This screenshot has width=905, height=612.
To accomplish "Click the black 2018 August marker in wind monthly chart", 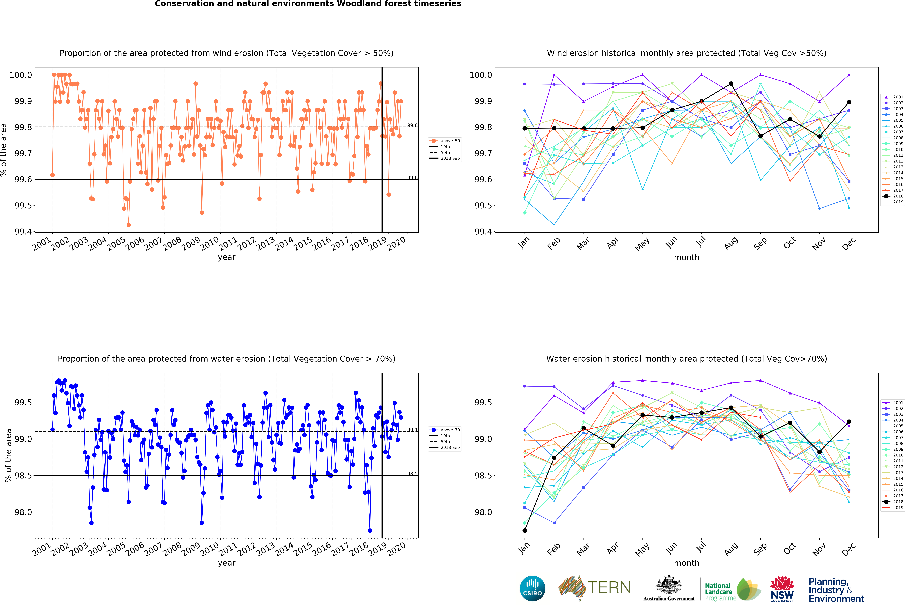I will coord(731,84).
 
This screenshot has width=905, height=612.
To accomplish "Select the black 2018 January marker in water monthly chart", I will coord(525,531).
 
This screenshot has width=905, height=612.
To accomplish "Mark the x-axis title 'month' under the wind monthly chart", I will coord(687,257).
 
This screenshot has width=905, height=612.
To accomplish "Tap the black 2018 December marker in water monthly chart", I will coord(849,422).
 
